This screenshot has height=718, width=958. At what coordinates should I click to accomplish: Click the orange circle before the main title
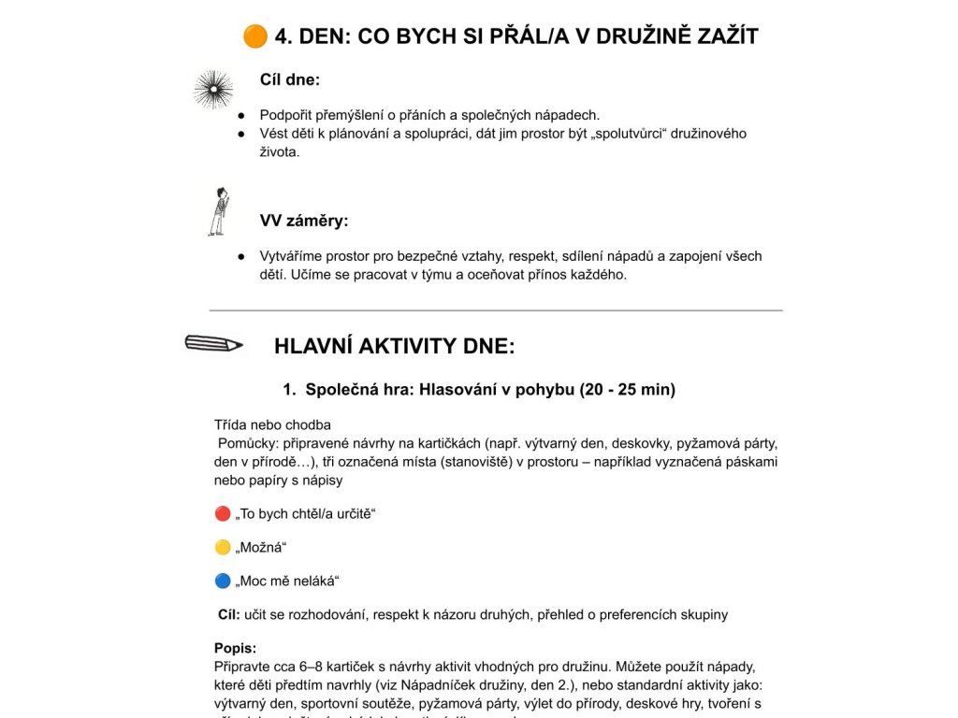(254, 36)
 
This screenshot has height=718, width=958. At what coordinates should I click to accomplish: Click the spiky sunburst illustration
(213, 90)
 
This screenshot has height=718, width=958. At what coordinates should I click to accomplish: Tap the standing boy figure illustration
(218, 211)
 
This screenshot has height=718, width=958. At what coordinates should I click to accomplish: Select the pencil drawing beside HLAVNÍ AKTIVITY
(213, 343)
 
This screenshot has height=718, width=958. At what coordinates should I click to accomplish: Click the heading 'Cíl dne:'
(290, 80)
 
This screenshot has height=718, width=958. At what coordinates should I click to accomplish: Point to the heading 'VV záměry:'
(304, 222)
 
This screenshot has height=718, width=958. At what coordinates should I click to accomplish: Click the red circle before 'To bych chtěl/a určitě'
(222, 513)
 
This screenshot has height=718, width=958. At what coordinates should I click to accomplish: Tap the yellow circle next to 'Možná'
(222, 547)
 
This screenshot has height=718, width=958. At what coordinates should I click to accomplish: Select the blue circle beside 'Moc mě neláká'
(222, 581)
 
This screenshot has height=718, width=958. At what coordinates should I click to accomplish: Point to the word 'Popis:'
(235, 648)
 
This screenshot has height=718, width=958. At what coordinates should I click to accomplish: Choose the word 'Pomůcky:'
(244, 443)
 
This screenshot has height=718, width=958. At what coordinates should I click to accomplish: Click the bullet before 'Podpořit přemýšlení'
(240, 115)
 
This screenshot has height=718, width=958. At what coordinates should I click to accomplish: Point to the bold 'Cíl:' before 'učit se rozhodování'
(229, 614)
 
